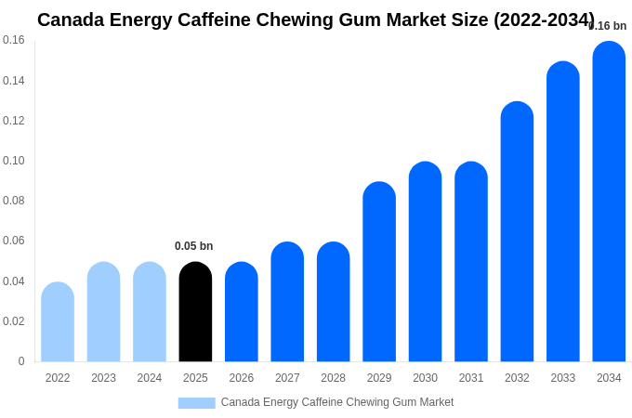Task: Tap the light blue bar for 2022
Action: [x=58, y=322]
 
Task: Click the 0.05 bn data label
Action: [x=194, y=246]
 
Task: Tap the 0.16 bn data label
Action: [x=609, y=26]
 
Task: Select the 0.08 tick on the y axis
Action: [x=14, y=201]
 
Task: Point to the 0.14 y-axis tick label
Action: [x=14, y=81]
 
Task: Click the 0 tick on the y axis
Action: [x=21, y=361]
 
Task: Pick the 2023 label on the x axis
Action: [x=103, y=378]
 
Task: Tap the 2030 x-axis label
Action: [x=425, y=378]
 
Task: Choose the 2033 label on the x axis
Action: [x=562, y=378]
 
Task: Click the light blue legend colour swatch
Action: [x=196, y=403]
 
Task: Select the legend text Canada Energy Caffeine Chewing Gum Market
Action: [x=337, y=402]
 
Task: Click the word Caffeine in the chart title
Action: [x=246, y=20]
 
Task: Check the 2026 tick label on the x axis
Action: [x=242, y=378]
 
